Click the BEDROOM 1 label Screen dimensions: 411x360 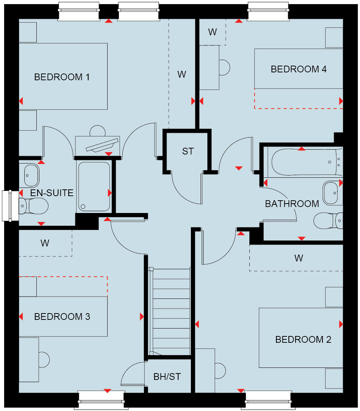62,77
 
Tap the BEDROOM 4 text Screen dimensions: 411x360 298,69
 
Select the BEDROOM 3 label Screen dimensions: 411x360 62,317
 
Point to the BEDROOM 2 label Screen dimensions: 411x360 303,340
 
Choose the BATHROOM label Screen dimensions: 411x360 292,204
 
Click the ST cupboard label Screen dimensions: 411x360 188,151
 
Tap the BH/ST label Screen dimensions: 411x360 167,377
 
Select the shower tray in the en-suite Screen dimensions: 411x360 94,186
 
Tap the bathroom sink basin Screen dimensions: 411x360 331,193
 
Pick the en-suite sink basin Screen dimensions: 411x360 31,175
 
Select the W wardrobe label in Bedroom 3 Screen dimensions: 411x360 45,243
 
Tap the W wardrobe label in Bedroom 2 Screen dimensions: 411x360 298,258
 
